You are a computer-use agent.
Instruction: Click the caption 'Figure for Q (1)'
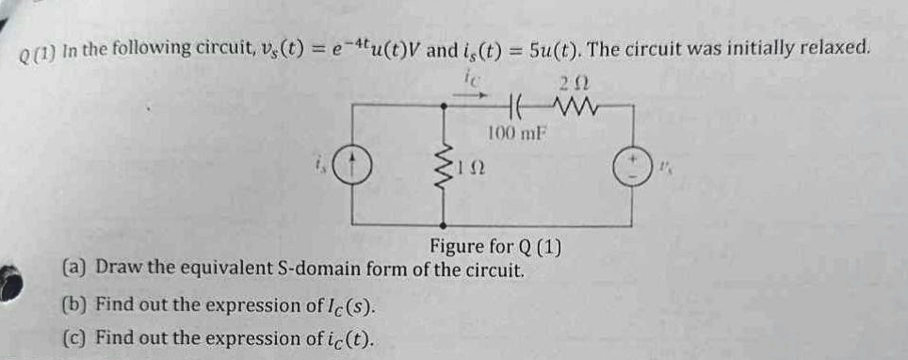coord(495,248)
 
